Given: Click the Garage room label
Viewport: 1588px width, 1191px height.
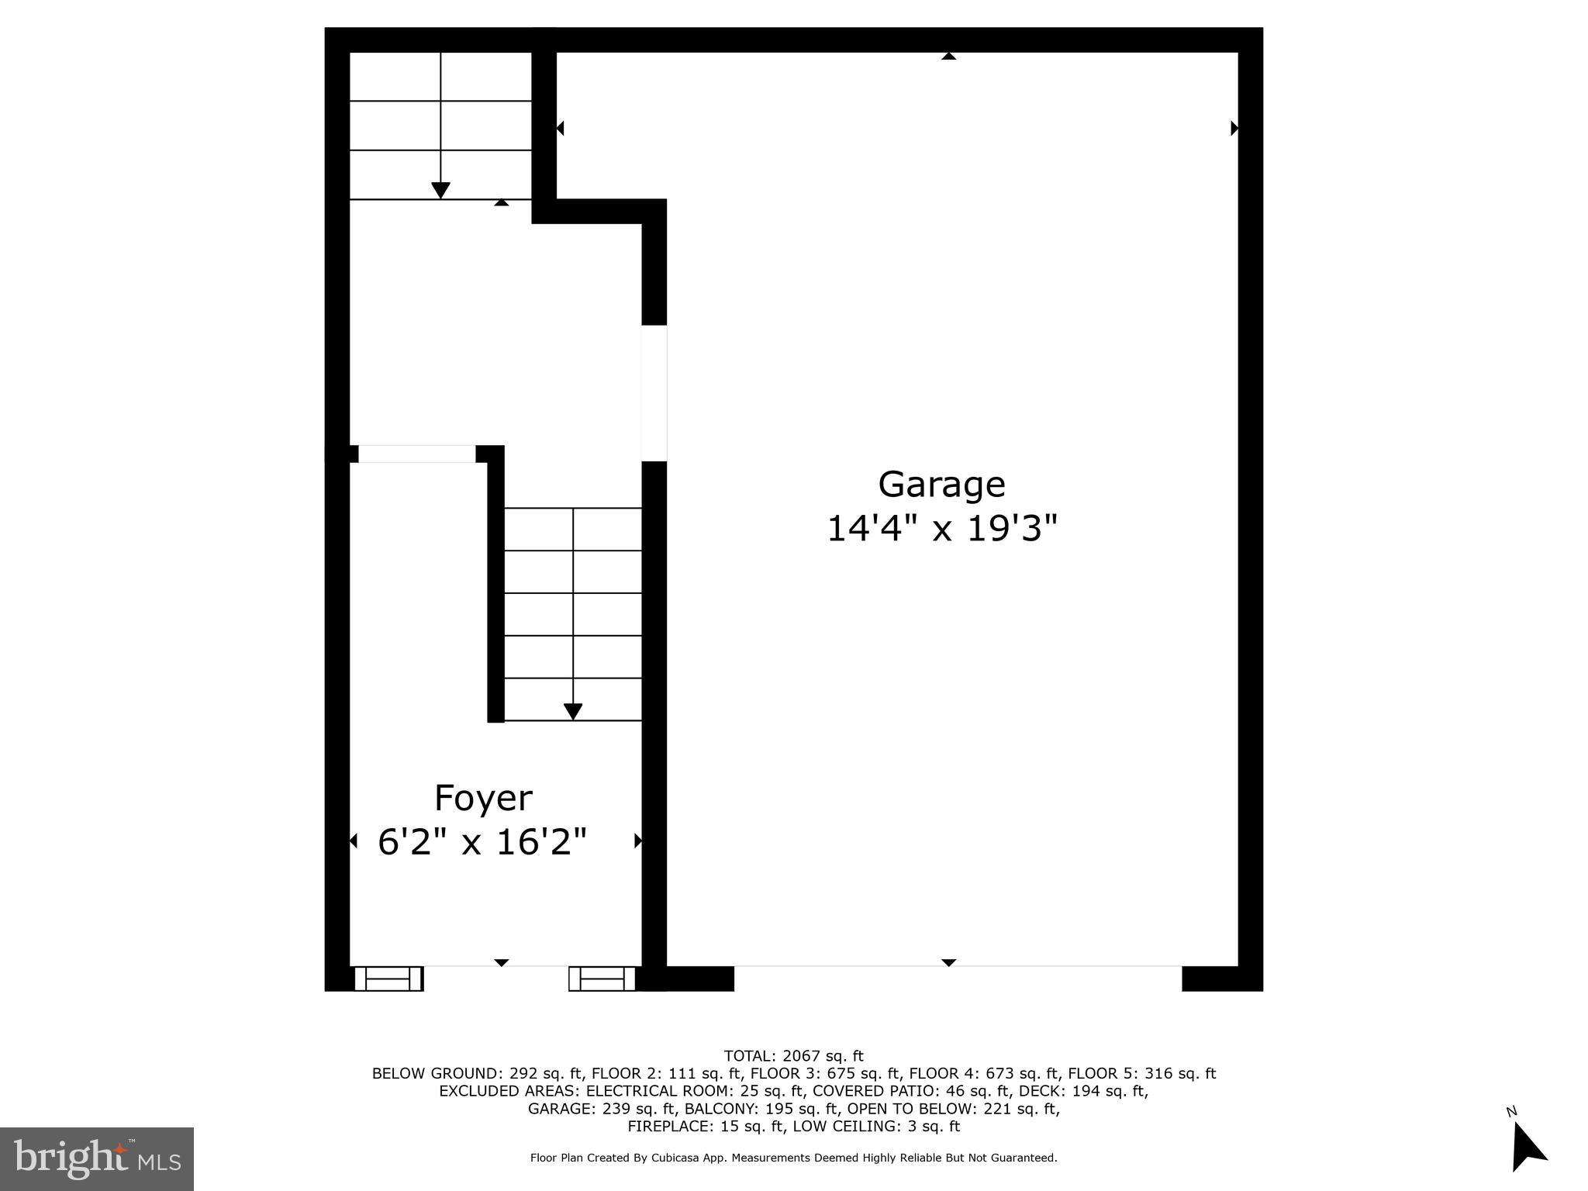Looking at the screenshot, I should click(941, 485).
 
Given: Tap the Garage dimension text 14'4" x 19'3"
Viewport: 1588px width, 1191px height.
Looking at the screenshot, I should click(941, 530).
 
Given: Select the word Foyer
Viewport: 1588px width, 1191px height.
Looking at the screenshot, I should click(483, 798).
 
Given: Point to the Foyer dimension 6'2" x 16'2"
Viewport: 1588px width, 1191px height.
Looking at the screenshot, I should click(482, 842).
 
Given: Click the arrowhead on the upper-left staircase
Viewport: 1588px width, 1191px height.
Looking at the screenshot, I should click(440, 190).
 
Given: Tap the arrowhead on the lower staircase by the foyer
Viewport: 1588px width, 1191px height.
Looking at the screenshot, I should click(573, 711).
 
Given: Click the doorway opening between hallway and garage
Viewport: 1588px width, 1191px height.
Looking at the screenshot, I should click(654, 393).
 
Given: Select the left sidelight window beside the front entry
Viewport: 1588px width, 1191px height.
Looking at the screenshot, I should click(388, 979).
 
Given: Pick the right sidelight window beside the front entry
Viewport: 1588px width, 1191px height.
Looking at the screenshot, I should click(602, 979).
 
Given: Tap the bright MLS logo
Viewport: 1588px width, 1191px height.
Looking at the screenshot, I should click(97, 1158).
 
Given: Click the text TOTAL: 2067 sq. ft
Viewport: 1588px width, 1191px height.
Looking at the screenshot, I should click(793, 1056).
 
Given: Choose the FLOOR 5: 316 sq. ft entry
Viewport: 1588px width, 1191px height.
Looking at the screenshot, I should click(1141, 1074).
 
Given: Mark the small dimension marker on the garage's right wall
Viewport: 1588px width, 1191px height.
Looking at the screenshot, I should click(1234, 128).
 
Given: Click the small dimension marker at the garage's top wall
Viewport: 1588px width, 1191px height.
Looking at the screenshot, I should click(948, 56).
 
